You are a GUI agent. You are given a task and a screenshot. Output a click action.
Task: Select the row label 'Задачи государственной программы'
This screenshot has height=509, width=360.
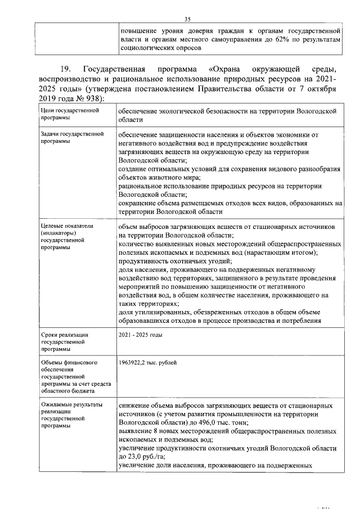pos(65,138)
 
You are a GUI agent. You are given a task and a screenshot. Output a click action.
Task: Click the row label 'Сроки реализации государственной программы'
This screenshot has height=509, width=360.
pos(62,341)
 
